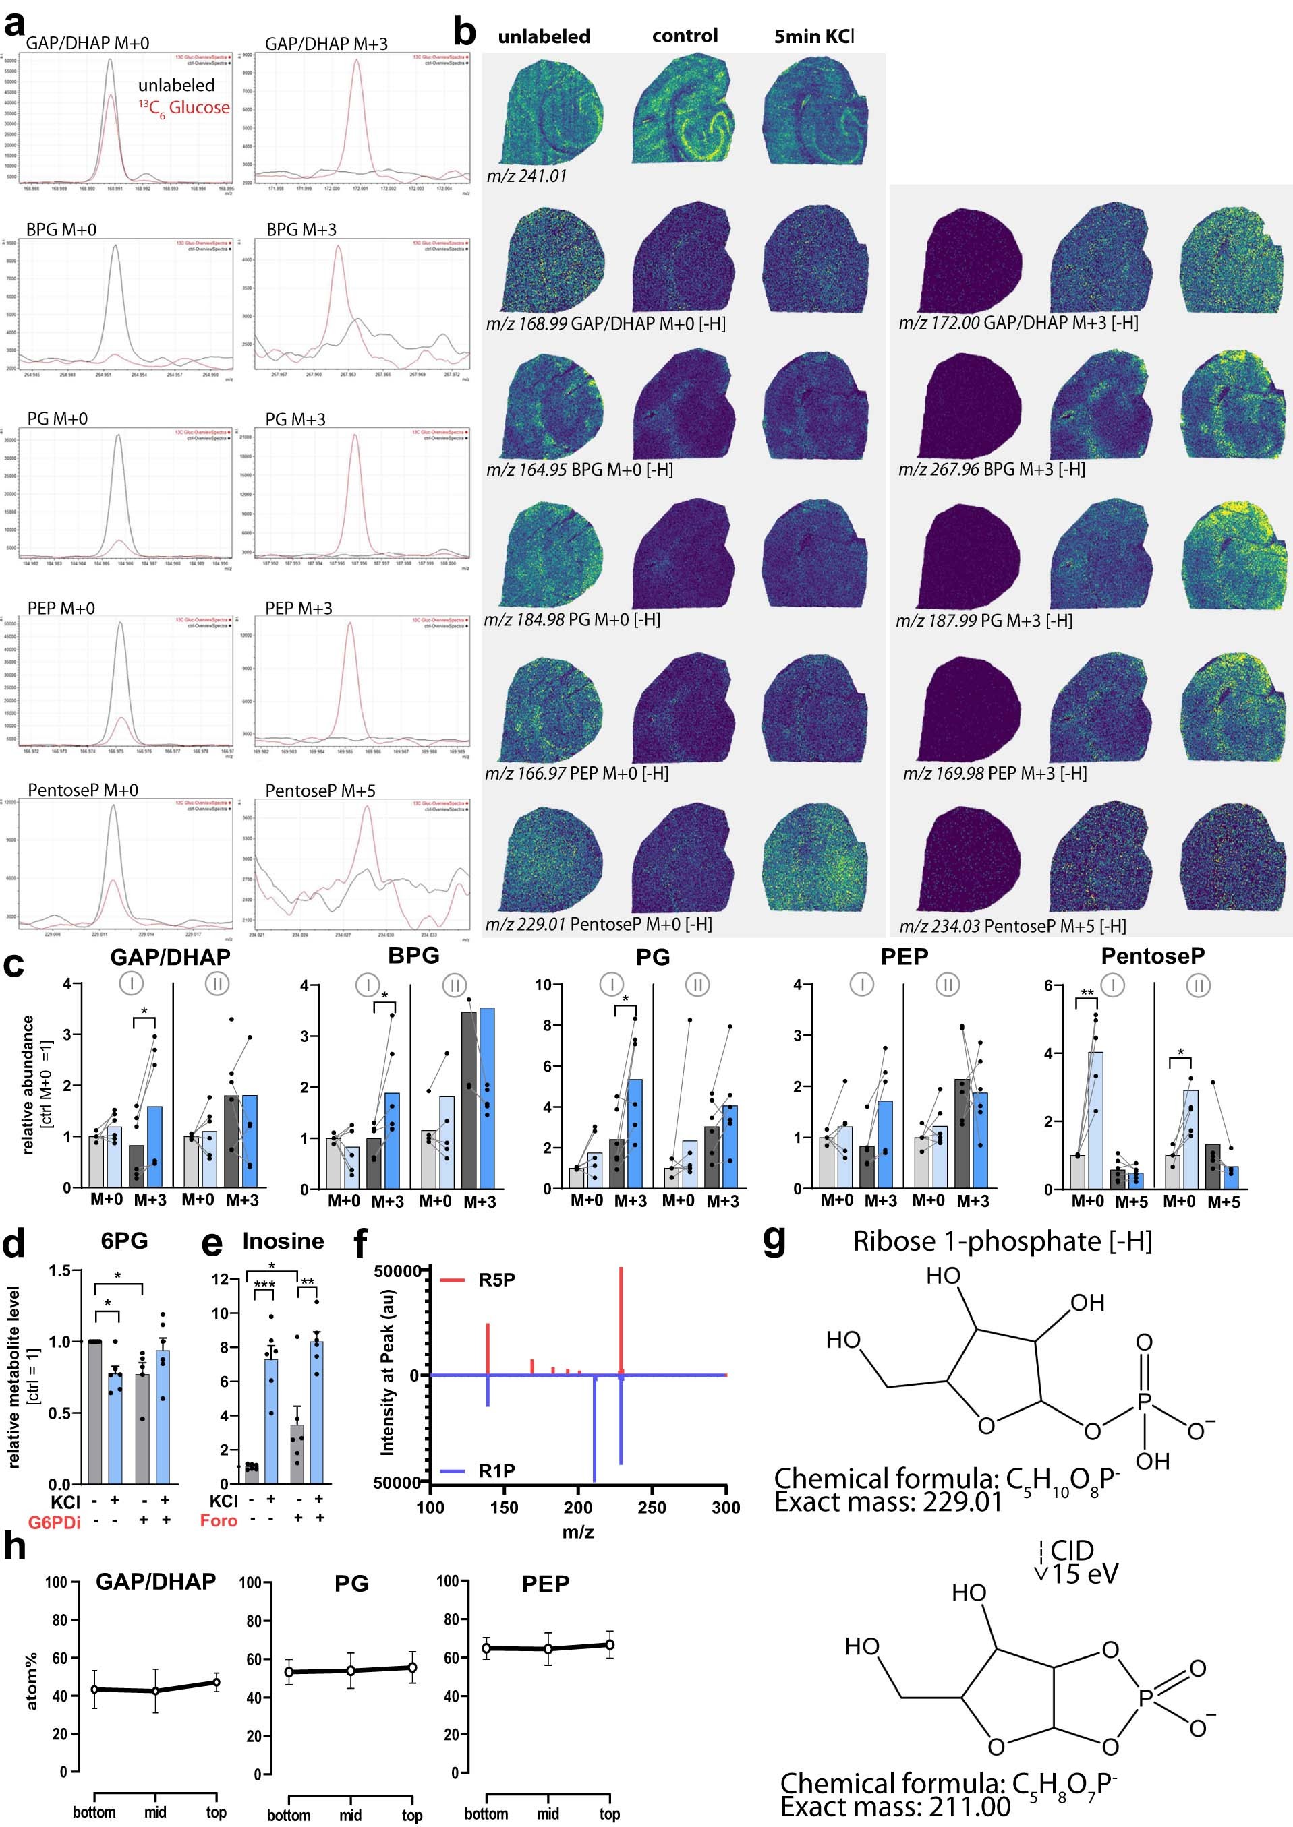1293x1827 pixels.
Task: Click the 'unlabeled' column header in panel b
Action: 544,36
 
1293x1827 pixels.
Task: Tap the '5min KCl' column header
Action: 813,36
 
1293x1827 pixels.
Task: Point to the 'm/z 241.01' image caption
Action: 526,176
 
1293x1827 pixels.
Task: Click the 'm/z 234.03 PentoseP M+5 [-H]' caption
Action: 1012,925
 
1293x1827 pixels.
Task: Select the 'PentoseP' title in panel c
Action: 1152,956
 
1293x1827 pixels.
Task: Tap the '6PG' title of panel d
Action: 124,1241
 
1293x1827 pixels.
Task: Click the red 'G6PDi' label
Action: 54,1523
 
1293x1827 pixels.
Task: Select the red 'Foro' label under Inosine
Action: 218,1520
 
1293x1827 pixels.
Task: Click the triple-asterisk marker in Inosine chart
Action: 264,1285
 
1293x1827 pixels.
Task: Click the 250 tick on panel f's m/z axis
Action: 652,1507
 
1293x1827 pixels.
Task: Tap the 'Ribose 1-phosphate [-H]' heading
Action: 1002,1241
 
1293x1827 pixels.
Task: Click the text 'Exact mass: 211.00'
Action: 895,1806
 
